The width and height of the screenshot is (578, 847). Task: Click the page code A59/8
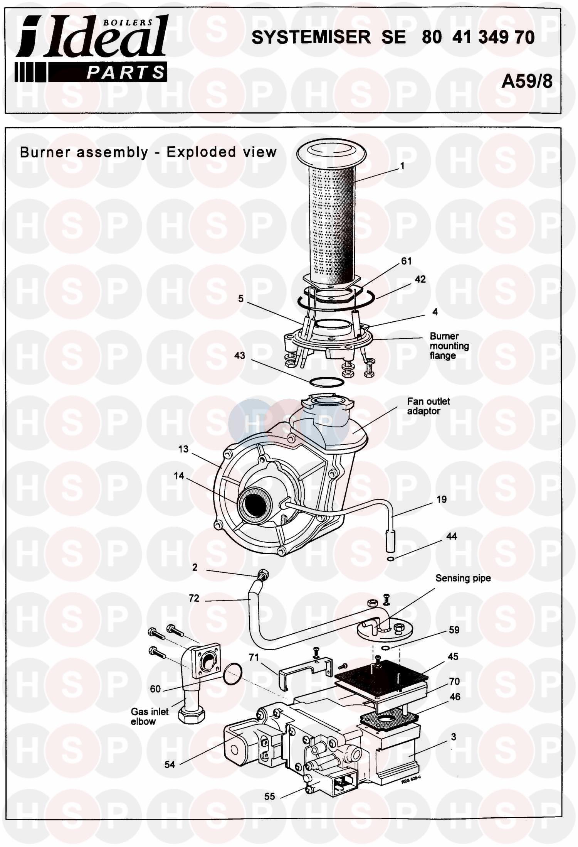click(x=526, y=81)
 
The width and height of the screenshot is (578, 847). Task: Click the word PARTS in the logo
click(x=126, y=73)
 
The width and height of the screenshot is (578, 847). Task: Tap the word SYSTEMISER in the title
click(x=311, y=37)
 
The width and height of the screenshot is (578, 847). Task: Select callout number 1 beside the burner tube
click(x=402, y=166)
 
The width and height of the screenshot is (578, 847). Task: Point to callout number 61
click(x=407, y=261)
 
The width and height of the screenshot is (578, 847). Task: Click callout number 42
click(x=420, y=279)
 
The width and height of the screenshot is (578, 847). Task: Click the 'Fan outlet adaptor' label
click(x=428, y=406)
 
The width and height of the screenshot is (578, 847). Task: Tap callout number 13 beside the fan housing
click(x=183, y=449)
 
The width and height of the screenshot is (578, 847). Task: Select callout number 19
click(x=442, y=499)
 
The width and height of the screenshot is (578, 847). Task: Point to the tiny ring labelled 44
click(x=390, y=559)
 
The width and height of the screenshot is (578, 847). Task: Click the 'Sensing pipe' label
click(x=463, y=578)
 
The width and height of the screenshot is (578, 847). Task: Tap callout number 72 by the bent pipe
click(x=194, y=598)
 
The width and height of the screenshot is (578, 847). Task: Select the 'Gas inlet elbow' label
click(x=150, y=716)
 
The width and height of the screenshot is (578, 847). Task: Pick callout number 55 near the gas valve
click(x=270, y=796)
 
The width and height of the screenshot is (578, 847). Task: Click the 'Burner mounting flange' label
click(x=449, y=346)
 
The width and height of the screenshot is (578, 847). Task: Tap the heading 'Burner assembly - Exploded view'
click(x=148, y=152)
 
